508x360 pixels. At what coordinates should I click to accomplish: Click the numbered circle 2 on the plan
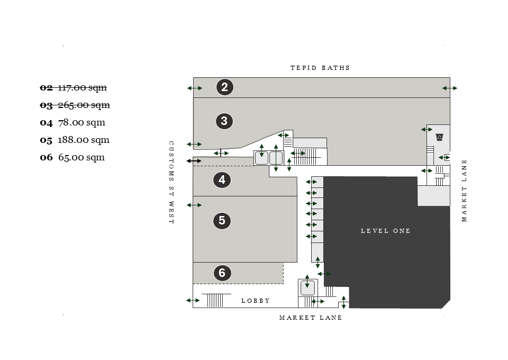pyautogui.click(x=224, y=87)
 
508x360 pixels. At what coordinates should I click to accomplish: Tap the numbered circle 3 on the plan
pyautogui.click(x=224, y=121)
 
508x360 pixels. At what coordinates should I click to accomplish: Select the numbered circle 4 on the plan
pyautogui.click(x=222, y=180)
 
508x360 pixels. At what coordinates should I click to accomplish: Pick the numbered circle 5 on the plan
pyautogui.click(x=222, y=220)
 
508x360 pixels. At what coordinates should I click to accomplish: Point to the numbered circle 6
pyautogui.click(x=222, y=273)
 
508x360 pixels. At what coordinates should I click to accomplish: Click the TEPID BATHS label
pyautogui.click(x=320, y=68)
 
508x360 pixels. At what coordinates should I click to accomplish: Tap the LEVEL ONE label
pyautogui.click(x=385, y=231)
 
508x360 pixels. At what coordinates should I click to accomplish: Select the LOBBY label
pyautogui.click(x=256, y=301)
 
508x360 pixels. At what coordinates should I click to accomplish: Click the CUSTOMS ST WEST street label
pyautogui.click(x=171, y=182)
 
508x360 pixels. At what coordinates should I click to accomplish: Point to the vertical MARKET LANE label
pyautogui.click(x=465, y=191)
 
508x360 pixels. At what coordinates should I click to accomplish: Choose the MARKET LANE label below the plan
pyautogui.click(x=311, y=318)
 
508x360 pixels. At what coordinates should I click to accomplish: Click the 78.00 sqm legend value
pyautogui.click(x=81, y=122)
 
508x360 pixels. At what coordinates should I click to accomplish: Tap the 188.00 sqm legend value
pyautogui.click(x=84, y=140)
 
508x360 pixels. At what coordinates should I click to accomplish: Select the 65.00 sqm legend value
pyautogui.click(x=81, y=157)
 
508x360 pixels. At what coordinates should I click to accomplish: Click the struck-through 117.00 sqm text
pyautogui.click(x=82, y=87)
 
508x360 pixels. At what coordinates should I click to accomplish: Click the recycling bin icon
pyautogui.click(x=439, y=138)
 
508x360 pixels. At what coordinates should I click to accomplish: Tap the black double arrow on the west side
pyautogui.click(x=194, y=160)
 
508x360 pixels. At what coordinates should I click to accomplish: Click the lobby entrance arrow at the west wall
pyautogui.click(x=193, y=301)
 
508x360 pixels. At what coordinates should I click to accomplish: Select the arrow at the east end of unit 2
pyautogui.click(x=450, y=88)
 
